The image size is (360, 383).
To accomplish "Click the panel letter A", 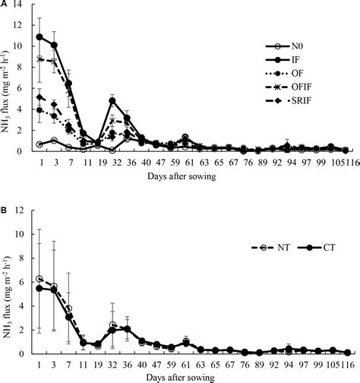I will (5, 5).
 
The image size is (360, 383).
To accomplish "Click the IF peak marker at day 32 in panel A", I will (112, 100).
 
